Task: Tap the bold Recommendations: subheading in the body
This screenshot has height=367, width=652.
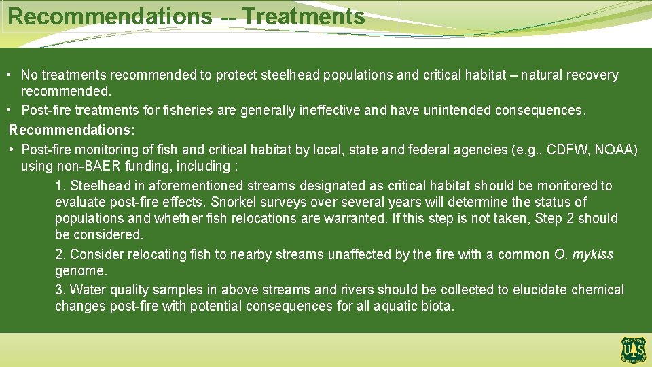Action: point(72,129)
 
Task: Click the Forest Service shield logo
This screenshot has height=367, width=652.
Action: point(632,349)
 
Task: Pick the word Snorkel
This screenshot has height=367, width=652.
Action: point(234,203)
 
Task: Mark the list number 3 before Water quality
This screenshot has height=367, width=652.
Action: point(59,290)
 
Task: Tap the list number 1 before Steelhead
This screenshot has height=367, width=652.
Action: point(59,186)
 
